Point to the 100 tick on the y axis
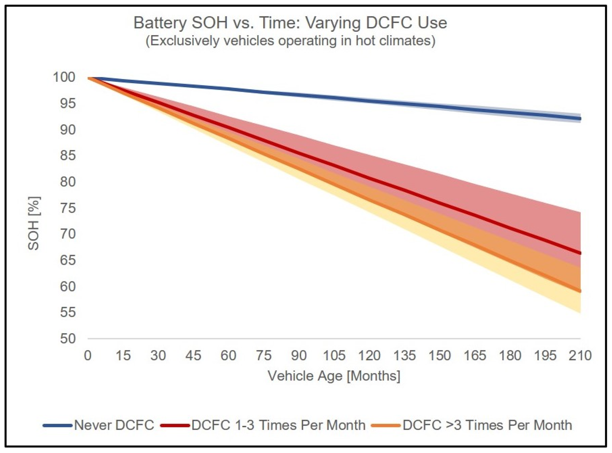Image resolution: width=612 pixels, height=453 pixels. [64, 77]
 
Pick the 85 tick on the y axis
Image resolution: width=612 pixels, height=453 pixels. [67, 156]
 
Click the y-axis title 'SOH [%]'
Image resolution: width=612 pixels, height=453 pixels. [34, 224]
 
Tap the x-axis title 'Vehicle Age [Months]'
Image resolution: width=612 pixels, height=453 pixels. [334, 376]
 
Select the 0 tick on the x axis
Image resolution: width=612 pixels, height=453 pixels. [88, 356]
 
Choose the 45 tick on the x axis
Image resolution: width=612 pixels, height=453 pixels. [193, 356]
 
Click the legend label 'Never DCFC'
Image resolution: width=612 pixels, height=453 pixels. [114, 425]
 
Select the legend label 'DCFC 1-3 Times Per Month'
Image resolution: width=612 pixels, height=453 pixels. [278, 425]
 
